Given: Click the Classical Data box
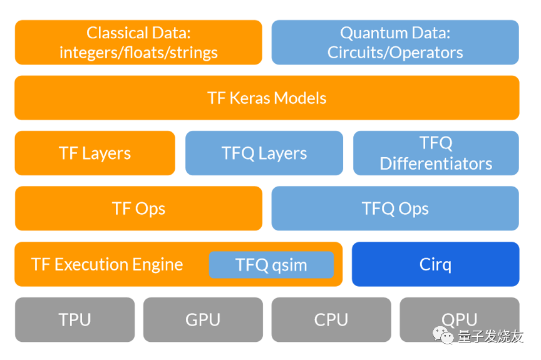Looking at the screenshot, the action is (138, 43).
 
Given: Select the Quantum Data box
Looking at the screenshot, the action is (395, 43).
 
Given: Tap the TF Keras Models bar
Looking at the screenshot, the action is (267, 98).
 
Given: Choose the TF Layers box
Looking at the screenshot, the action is (95, 153).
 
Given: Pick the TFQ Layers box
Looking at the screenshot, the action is (264, 153).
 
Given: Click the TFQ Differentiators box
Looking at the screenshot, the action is (436, 153).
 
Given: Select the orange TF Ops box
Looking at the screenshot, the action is (138, 208).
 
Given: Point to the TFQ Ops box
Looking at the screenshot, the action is (395, 208).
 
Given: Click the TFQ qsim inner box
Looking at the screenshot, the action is (271, 265).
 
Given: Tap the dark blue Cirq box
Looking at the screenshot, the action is (435, 264).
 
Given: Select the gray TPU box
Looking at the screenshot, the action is (75, 320).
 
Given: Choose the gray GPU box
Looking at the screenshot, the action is (203, 320).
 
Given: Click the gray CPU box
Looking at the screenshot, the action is (331, 320).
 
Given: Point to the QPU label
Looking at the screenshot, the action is (459, 319).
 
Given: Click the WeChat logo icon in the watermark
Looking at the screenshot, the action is (443, 336).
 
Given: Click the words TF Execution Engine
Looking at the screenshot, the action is (107, 265).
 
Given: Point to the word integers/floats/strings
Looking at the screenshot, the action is (138, 53).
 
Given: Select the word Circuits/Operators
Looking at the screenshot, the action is (395, 53).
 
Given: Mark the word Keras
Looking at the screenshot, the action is (250, 98).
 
